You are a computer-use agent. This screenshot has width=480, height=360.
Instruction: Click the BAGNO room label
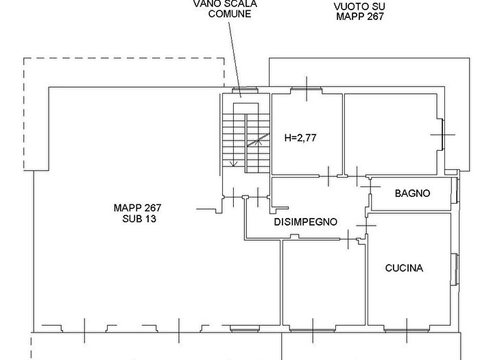pyautogui.click(x=412, y=193)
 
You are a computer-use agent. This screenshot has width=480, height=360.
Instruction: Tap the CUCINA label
pyautogui.click(x=404, y=268)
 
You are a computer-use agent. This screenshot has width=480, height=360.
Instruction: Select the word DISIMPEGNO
pyautogui.click(x=306, y=222)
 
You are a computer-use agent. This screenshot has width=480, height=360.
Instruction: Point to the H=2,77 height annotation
pyautogui.click(x=300, y=138)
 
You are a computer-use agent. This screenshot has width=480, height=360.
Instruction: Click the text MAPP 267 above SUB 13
pyautogui.click(x=137, y=208)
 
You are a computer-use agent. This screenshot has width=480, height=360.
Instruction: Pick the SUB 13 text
pyautogui.click(x=139, y=219)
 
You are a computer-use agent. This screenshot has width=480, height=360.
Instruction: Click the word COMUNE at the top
pyautogui.click(x=230, y=14)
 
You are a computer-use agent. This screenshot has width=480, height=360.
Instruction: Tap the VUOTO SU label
pyautogui.click(x=359, y=6)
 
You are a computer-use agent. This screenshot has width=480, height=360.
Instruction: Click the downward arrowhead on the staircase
pyautogui.click(x=234, y=164)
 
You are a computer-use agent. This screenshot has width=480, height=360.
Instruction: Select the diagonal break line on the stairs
pyautogui.click(x=259, y=140)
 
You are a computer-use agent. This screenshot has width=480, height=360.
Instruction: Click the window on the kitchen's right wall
pyautogui.click(x=455, y=269)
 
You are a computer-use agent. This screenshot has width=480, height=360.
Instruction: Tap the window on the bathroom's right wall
pyautogui.click(x=456, y=191)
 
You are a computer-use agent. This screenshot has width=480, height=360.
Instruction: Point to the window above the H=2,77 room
pyautogui.click(x=307, y=89)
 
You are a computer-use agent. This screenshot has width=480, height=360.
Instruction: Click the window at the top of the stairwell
pyautogui.click(x=245, y=90)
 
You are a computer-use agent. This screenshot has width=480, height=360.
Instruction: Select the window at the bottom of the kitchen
pyautogui.click(x=407, y=330)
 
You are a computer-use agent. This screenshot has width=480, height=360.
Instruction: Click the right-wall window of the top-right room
pyautogui.click(x=442, y=134)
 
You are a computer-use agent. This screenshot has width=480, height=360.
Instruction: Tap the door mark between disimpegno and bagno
pyautogui.click(x=370, y=187)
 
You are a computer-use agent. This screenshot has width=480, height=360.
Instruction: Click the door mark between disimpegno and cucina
pyautogui.click(x=366, y=226)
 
